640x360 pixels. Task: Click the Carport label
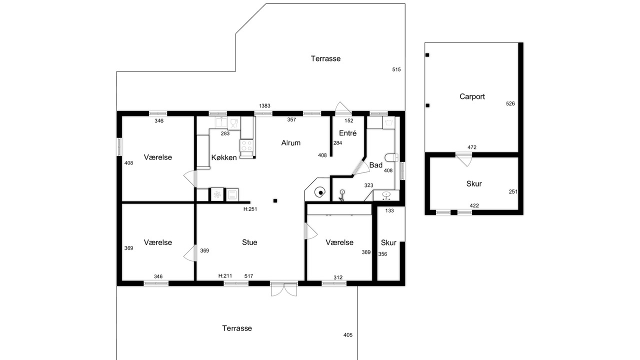point(472,97)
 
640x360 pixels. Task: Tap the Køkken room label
point(224,157)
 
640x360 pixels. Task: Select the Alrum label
point(291,143)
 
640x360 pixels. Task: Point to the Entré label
point(347,133)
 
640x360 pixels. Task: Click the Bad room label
point(375,165)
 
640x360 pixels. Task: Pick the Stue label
point(249,242)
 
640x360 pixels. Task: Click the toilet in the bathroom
point(391,157)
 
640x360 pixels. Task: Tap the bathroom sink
point(386,195)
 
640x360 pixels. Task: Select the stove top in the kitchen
point(246,145)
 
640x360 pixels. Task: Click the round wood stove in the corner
point(320,192)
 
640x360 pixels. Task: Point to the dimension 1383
point(264,106)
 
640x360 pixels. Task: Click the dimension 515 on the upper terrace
point(396,69)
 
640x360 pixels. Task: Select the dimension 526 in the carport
point(510,103)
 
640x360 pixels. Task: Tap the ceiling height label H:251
point(250,209)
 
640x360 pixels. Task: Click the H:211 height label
point(225,276)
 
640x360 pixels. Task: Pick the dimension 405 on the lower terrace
point(347,335)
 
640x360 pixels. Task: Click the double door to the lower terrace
point(284,289)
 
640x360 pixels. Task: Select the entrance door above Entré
point(343,109)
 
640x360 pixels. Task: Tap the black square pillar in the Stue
point(275,201)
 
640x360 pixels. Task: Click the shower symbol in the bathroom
point(341,195)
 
